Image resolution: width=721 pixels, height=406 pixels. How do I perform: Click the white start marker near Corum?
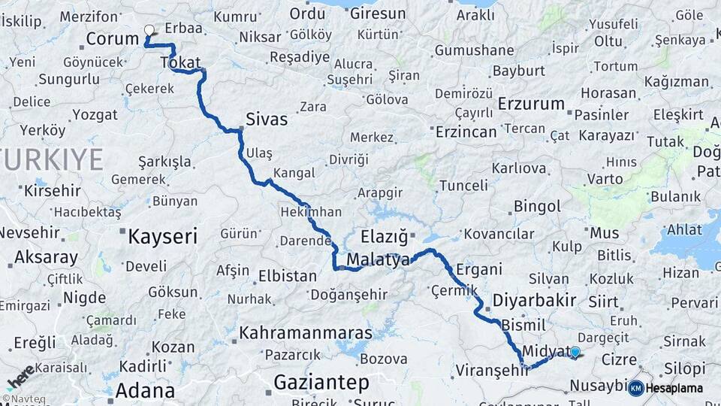click(149, 31)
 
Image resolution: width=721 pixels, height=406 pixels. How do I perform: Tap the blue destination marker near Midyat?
click(575, 351)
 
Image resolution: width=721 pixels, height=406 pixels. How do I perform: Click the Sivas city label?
click(267, 119)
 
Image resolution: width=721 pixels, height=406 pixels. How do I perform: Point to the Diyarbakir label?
click(534, 301)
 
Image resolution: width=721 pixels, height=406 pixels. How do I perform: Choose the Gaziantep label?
click(321, 383)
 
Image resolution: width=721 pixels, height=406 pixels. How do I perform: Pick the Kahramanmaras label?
click(306, 332)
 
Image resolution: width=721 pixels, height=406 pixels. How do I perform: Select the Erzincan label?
click(466, 132)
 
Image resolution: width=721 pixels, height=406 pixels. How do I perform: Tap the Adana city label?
click(145, 391)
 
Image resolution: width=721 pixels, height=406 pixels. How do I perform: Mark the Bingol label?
click(537, 206)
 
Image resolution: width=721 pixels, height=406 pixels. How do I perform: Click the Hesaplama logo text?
click(674, 388)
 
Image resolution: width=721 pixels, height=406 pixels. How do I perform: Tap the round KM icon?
click(635, 388)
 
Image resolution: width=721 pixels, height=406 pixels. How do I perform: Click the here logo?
click(19, 377)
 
